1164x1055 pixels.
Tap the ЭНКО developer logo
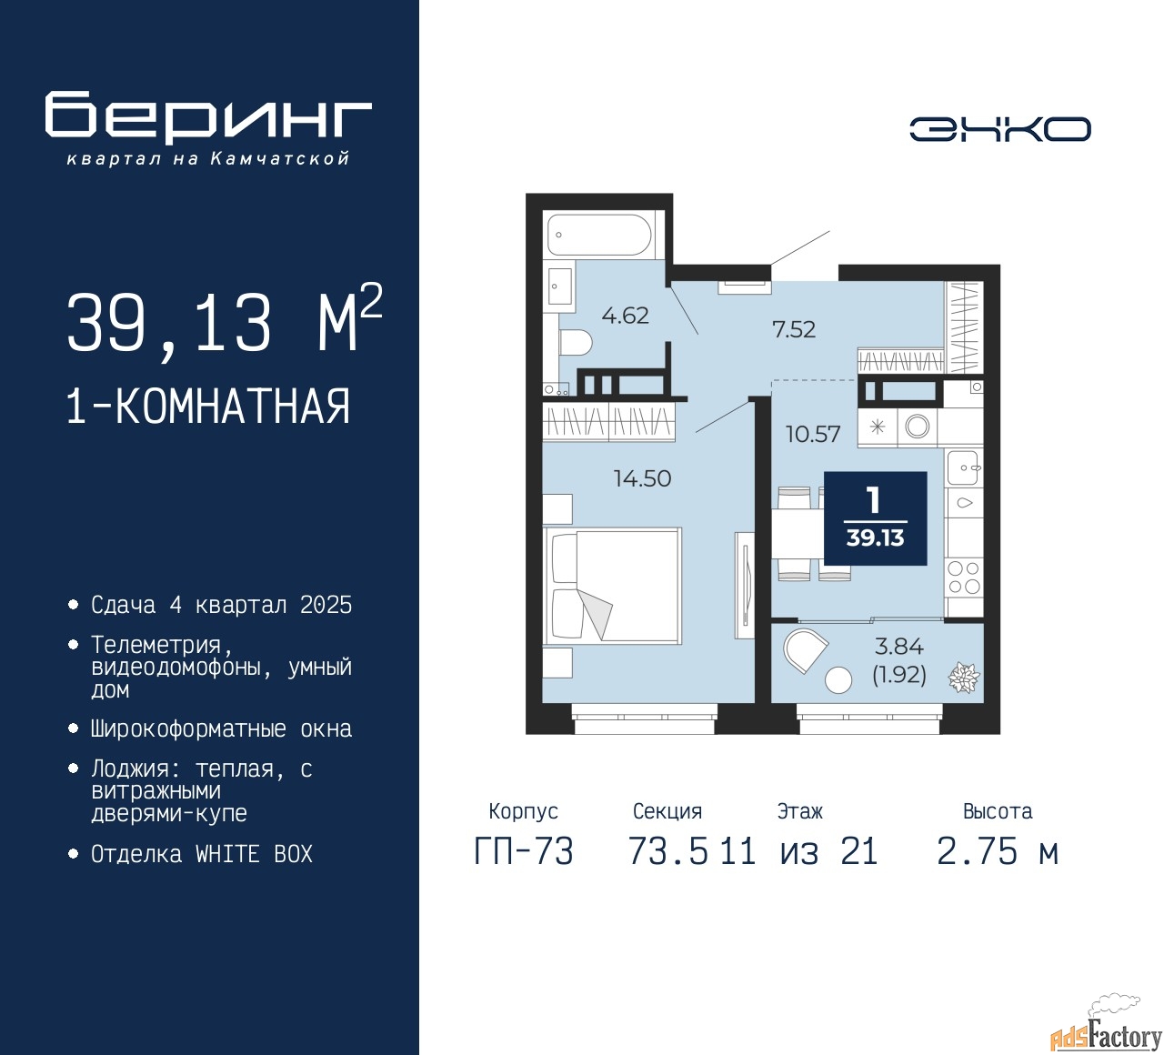point(999,129)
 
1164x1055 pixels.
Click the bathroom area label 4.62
point(625,316)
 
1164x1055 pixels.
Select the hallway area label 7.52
point(794,329)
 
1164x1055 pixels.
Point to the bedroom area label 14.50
point(642,478)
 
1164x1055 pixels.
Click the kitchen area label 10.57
point(813,434)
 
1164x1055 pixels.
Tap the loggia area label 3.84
point(898,646)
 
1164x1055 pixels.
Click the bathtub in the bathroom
point(599,235)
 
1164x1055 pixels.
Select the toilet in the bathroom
point(576,342)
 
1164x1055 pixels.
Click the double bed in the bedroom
point(612,586)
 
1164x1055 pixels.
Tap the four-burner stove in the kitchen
point(964,578)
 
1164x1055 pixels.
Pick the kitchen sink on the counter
point(964,467)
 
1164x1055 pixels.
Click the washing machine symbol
point(917,427)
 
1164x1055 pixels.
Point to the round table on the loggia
point(838,679)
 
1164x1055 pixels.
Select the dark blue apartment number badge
point(875,518)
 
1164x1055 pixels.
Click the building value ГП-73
point(524,851)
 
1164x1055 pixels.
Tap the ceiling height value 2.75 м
point(998,851)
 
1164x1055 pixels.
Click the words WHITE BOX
point(254,854)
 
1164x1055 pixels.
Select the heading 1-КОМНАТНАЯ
point(208,407)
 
